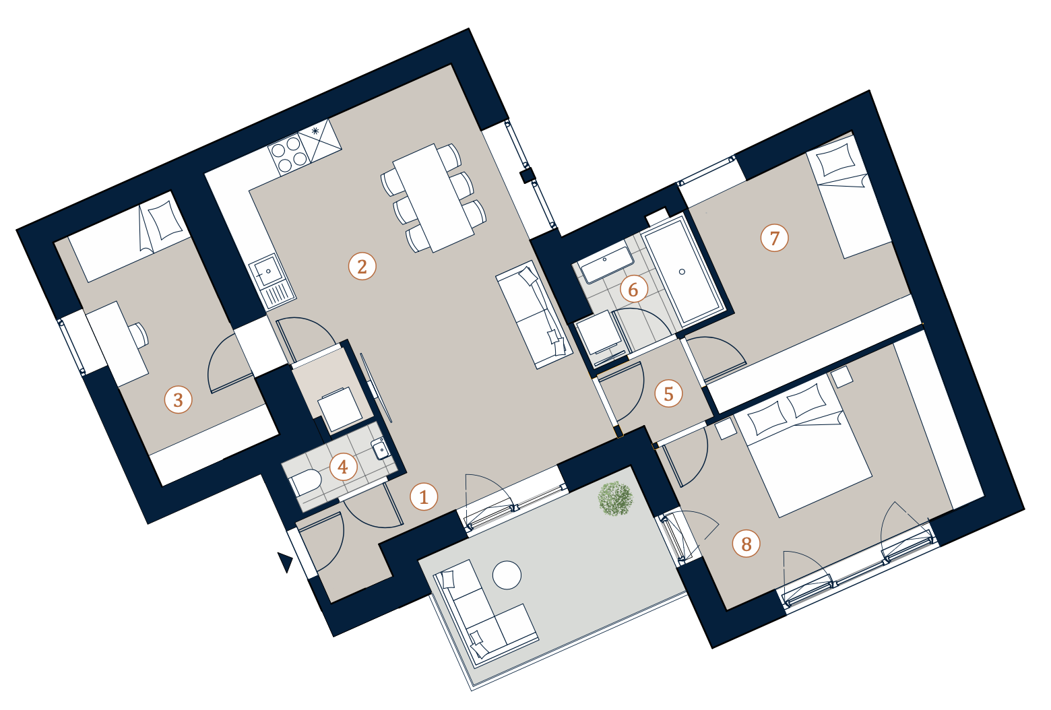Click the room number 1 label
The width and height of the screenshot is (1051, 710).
424,496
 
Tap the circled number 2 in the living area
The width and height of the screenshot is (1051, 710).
362,266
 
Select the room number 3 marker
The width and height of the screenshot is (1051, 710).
179,400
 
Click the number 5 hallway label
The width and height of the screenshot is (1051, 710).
668,393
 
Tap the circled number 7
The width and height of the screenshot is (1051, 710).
774,238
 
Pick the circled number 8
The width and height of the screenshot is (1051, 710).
746,544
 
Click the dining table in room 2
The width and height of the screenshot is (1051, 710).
434,197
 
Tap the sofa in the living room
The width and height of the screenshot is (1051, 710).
535,314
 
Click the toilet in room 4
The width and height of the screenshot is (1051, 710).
306,482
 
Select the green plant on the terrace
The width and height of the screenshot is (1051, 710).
616,498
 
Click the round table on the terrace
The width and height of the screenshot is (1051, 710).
507,575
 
